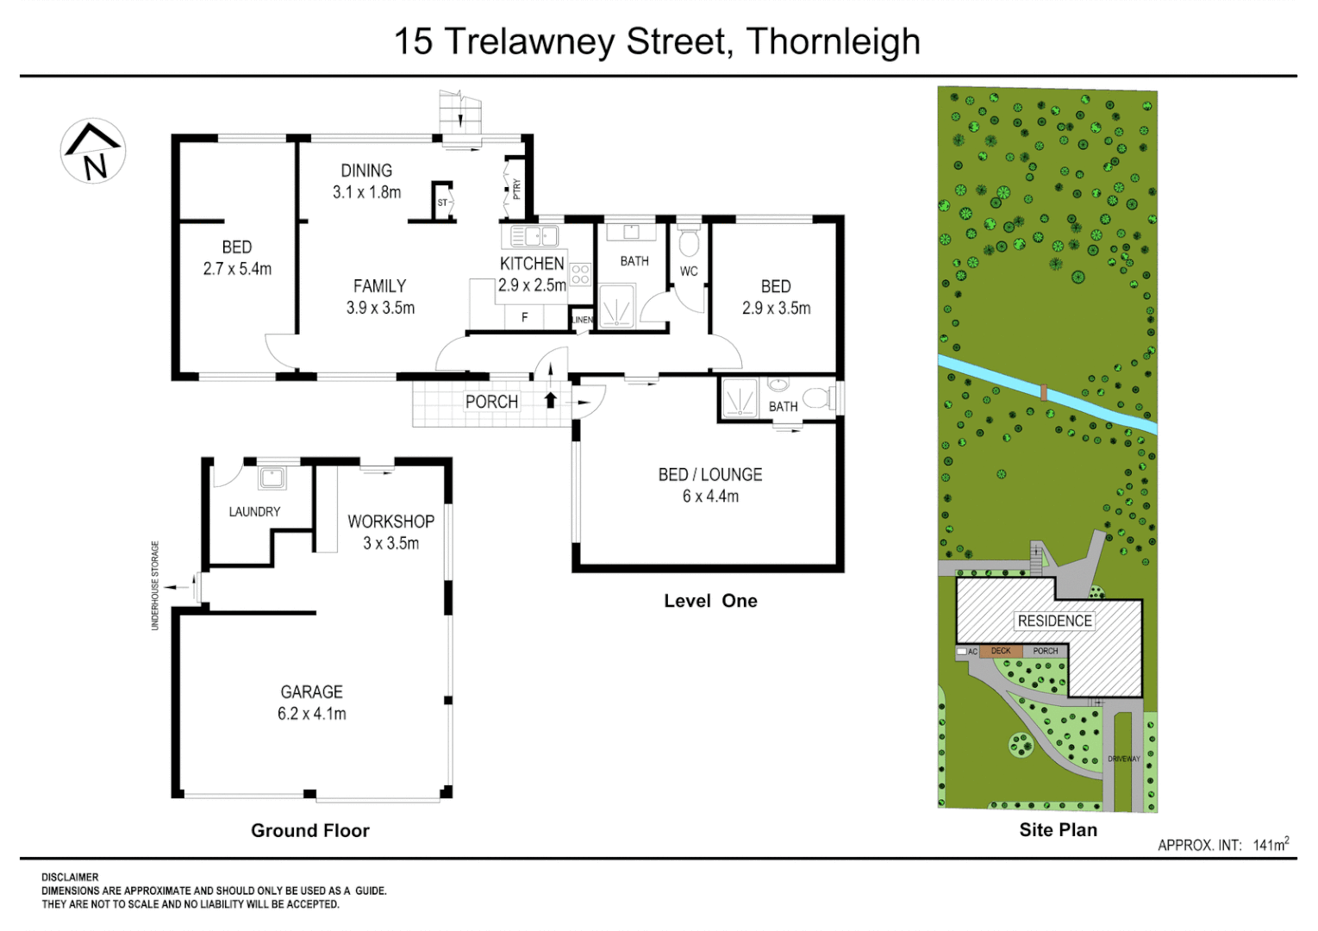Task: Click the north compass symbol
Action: coord(93,152)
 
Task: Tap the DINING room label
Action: coord(366,171)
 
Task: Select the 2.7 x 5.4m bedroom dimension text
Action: coord(237,269)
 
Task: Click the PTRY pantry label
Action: coord(516,188)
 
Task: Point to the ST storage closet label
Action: coord(442,203)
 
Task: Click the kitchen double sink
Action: coord(534,235)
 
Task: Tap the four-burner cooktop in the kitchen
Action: coord(580,274)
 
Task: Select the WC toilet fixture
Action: coord(689,243)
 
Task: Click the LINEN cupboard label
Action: coord(583,320)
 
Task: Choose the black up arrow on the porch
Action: coord(550,400)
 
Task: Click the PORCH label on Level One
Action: coord(491,402)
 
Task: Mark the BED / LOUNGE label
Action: coord(710,474)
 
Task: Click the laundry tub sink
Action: coord(272,478)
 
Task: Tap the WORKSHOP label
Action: coord(390,522)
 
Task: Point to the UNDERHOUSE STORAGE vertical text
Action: coord(155,585)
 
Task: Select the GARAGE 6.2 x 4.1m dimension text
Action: coord(311,714)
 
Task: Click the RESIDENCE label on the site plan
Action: coord(1054,621)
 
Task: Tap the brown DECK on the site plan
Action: coord(1001,652)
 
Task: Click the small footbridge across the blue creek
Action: coord(1044,393)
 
